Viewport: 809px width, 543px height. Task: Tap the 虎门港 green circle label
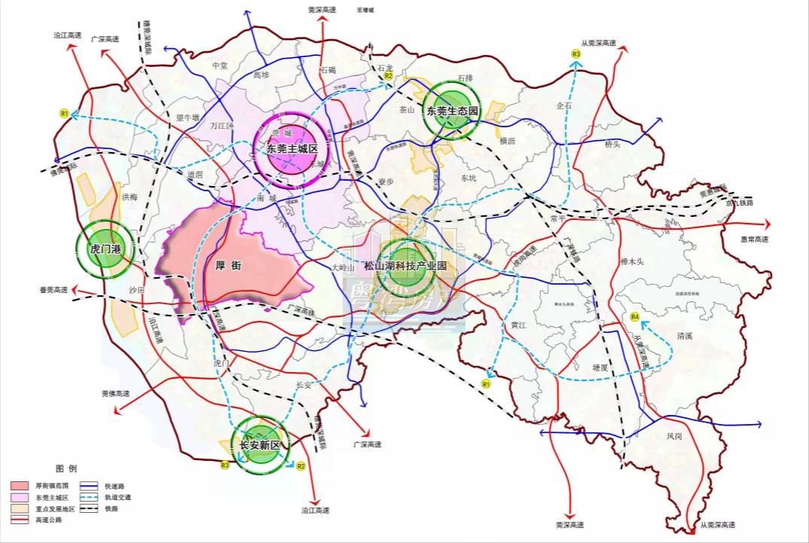105,249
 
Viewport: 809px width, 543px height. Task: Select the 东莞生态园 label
453,111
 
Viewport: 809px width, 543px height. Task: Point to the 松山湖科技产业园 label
406,266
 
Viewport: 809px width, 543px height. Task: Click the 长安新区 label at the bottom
260,446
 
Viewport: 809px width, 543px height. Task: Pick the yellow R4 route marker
634,316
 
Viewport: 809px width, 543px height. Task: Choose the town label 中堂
220,66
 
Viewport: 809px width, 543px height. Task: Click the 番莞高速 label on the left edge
53,289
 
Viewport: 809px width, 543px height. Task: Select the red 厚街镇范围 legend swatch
20,486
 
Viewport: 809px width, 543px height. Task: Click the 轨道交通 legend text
119,497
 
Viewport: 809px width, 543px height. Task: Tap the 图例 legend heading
66,468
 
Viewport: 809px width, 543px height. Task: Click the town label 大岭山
342,267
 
